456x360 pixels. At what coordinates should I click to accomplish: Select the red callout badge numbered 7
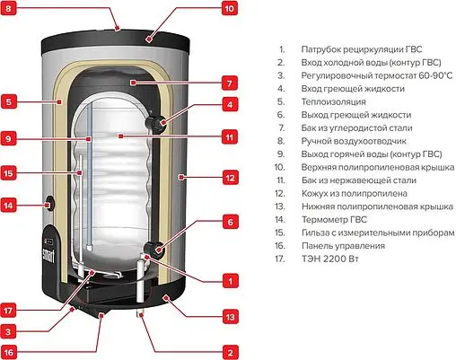tap(230, 82)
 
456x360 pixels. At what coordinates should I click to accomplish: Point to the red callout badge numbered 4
tap(230, 105)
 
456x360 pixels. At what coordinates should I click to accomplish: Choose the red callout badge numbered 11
tap(230, 137)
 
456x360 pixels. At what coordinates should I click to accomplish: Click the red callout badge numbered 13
tap(230, 316)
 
